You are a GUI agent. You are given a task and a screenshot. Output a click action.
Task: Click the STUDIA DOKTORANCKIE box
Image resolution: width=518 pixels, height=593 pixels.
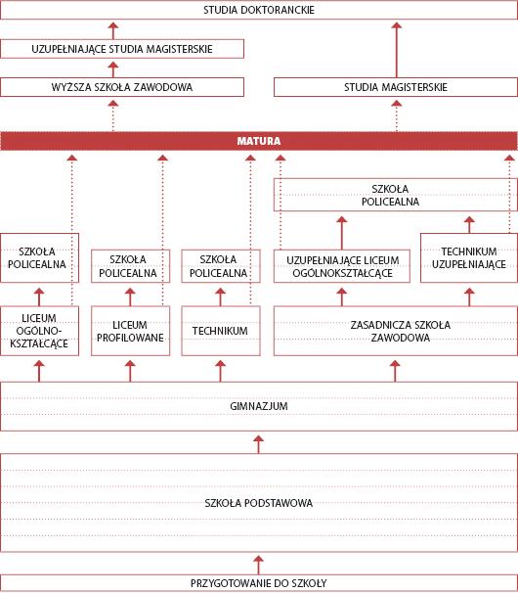tap(259, 10)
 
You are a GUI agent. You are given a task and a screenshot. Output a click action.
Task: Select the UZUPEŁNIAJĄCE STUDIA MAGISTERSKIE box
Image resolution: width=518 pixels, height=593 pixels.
tap(122, 49)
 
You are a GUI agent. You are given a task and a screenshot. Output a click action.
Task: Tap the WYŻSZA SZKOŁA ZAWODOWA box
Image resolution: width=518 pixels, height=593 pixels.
tap(122, 87)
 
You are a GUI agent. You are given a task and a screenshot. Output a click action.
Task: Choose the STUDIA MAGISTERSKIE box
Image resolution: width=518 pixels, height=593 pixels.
tap(396, 87)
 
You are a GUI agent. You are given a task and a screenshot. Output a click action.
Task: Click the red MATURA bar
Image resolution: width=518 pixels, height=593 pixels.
tap(259, 141)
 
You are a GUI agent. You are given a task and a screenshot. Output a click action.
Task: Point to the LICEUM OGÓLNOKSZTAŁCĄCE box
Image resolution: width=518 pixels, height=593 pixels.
tap(39, 331)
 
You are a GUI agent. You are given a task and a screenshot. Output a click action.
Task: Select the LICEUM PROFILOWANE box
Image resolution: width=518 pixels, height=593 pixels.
tap(130, 331)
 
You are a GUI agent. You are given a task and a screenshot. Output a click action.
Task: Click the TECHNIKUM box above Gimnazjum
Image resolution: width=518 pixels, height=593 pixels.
tap(221, 331)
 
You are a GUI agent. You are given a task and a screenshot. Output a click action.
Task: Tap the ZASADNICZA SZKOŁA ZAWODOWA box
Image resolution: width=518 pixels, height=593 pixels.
tap(396, 331)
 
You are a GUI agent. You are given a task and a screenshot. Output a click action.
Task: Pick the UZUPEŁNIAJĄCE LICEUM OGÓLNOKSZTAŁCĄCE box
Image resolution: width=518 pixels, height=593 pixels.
tap(342, 266)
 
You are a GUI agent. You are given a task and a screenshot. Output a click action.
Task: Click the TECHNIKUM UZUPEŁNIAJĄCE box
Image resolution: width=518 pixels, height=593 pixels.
tap(469, 258)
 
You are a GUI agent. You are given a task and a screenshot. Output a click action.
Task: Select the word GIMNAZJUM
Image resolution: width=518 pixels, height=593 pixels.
tap(259, 406)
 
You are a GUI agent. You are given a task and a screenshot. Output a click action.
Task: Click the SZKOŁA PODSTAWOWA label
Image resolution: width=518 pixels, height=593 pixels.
tap(259, 503)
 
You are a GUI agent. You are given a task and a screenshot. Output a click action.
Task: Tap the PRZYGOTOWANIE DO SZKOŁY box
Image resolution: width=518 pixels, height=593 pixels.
tap(259, 583)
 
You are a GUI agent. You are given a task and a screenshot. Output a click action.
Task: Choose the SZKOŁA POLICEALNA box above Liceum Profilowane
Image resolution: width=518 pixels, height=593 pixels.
tap(130, 266)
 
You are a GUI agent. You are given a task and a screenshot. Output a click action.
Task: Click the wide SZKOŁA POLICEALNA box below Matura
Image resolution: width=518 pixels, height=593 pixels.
tap(396, 195)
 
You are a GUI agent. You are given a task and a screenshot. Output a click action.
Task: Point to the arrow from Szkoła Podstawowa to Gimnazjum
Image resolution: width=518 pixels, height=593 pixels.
tap(258, 444)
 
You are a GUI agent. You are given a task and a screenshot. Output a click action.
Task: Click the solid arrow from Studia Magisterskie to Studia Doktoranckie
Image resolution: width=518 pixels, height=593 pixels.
tap(397, 50)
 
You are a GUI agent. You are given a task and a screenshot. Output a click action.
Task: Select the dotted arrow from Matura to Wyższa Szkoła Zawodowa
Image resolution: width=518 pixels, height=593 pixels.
tap(113, 116)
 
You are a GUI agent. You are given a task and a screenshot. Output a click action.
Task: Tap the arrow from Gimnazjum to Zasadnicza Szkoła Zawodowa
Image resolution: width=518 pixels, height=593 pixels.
tap(395, 371)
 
